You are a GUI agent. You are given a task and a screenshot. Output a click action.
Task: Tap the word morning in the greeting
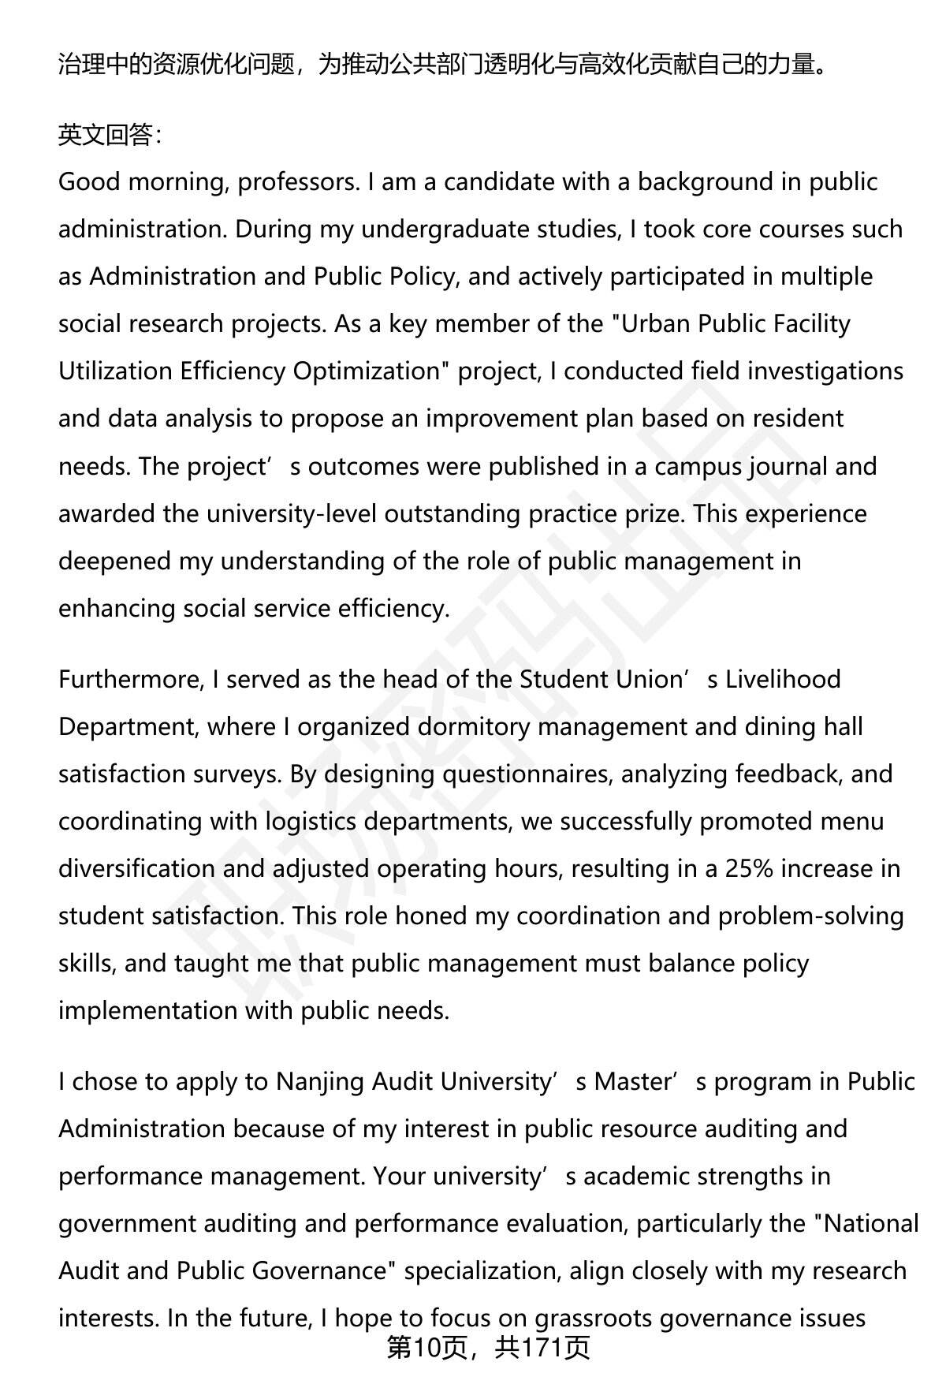click(x=174, y=182)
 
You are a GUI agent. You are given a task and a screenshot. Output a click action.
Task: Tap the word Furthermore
click(x=131, y=679)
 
